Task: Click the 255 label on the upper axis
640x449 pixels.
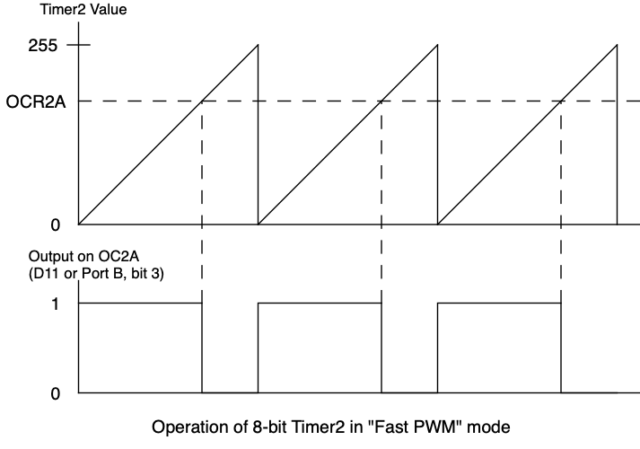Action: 42,45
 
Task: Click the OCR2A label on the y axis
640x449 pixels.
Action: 36,101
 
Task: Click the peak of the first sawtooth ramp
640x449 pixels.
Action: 258,45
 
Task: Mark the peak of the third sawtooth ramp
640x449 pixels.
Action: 617,45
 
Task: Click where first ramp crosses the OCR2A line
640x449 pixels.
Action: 202,101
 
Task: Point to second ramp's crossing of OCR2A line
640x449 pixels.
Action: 381,101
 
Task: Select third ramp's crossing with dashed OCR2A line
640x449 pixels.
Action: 561,101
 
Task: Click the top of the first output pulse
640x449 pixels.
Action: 140,304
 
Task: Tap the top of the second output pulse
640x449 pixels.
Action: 320,304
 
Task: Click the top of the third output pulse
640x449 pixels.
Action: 499,304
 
